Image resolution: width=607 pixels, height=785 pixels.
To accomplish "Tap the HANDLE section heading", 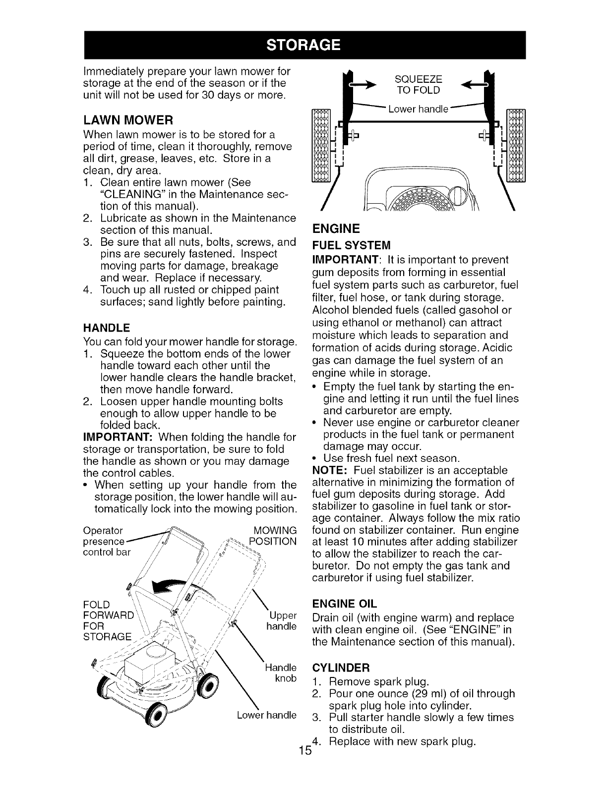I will pyautogui.click(x=106, y=328).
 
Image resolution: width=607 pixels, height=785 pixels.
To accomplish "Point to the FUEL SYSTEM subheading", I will pyautogui.click(x=351, y=245).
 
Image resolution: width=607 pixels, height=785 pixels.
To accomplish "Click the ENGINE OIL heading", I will pyautogui.click(x=345, y=604).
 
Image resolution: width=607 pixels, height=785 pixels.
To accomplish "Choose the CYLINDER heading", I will pyautogui.click(x=340, y=666).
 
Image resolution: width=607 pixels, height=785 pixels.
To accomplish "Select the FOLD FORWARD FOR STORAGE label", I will pyautogui.click(x=109, y=620).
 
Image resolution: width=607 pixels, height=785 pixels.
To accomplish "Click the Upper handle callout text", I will pyautogui.click(x=281, y=621).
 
